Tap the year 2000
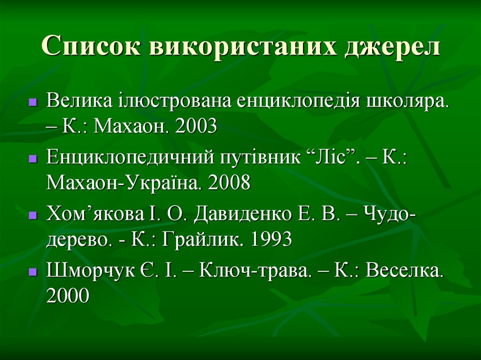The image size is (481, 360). point(68,296)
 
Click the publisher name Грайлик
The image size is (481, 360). point(203,239)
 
